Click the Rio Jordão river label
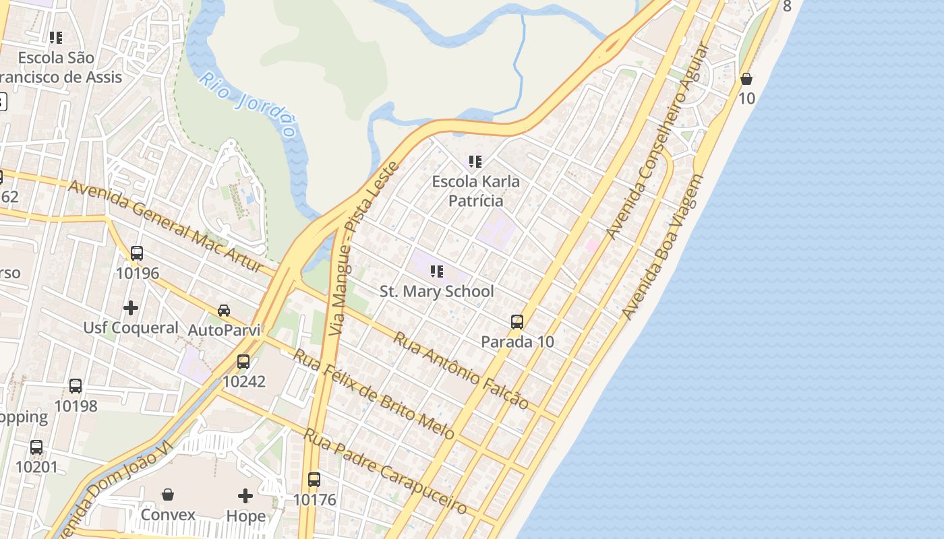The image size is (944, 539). (x=247, y=104)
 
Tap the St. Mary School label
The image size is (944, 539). (x=436, y=292)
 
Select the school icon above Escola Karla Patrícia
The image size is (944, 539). (x=475, y=162)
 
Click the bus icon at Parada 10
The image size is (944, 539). (x=517, y=322)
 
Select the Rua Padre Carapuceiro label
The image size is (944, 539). (x=385, y=471)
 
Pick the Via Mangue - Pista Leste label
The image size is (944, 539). (x=365, y=249)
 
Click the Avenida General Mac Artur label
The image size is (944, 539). (x=165, y=225)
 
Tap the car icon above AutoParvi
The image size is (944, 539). (x=224, y=310)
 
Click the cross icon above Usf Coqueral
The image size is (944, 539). (x=131, y=308)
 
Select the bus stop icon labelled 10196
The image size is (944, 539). (x=137, y=253)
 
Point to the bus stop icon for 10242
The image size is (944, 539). (x=243, y=362)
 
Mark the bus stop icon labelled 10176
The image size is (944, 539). (x=314, y=480)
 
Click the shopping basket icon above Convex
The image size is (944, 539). (x=168, y=495)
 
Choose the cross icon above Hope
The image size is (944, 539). (x=245, y=497)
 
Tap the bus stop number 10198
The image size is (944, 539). (x=76, y=406)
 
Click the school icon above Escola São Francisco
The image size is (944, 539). (x=56, y=38)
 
